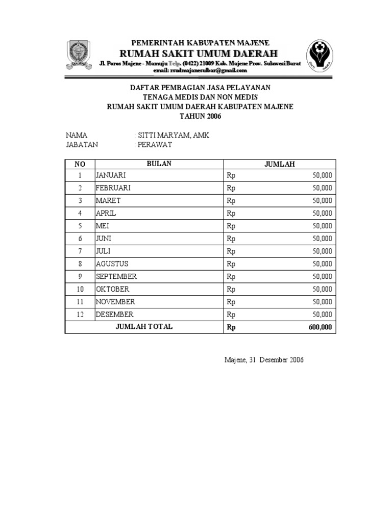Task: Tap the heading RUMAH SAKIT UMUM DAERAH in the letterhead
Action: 199,54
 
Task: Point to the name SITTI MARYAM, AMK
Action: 171,135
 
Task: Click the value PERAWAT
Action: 153,144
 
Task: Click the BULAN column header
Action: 159,164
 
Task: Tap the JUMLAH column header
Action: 279,164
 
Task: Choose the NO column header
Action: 80,164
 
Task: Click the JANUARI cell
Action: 111,175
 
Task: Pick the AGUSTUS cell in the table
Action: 112,264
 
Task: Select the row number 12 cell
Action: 80,315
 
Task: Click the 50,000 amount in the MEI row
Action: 322,226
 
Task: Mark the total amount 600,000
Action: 320,327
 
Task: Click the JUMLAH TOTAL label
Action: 144,327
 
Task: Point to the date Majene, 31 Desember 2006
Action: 264,360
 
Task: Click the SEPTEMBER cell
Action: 116,276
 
